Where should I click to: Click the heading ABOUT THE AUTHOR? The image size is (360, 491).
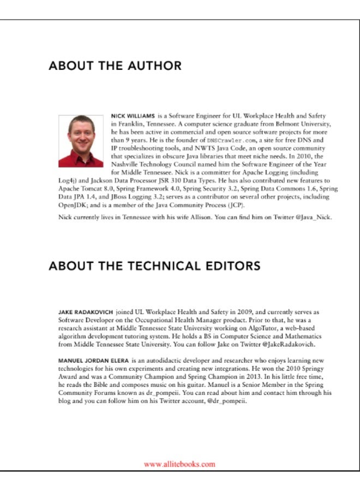115,66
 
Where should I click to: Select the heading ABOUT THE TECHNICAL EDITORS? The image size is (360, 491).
154,266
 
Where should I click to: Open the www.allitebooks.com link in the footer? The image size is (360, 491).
179,464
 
